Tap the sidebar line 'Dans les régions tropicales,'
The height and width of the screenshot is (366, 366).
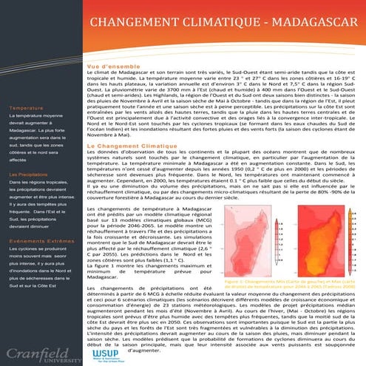[38, 182]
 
